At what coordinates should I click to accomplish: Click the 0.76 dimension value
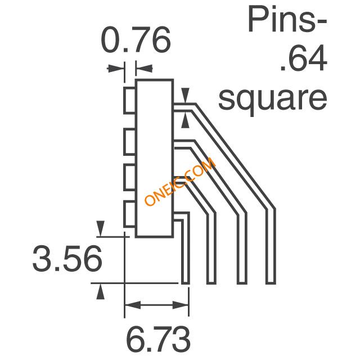(136, 40)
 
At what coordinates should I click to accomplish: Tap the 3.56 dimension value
(67, 259)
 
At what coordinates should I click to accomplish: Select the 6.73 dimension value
(158, 338)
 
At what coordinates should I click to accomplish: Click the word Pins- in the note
(287, 20)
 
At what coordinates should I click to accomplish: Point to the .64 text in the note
(303, 58)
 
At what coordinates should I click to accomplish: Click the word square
(272, 98)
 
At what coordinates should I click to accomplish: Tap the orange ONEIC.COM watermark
(180, 181)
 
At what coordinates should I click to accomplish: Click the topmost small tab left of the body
(130, 100)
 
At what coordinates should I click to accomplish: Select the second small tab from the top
(130, 142)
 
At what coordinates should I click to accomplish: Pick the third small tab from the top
(130, 177)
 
